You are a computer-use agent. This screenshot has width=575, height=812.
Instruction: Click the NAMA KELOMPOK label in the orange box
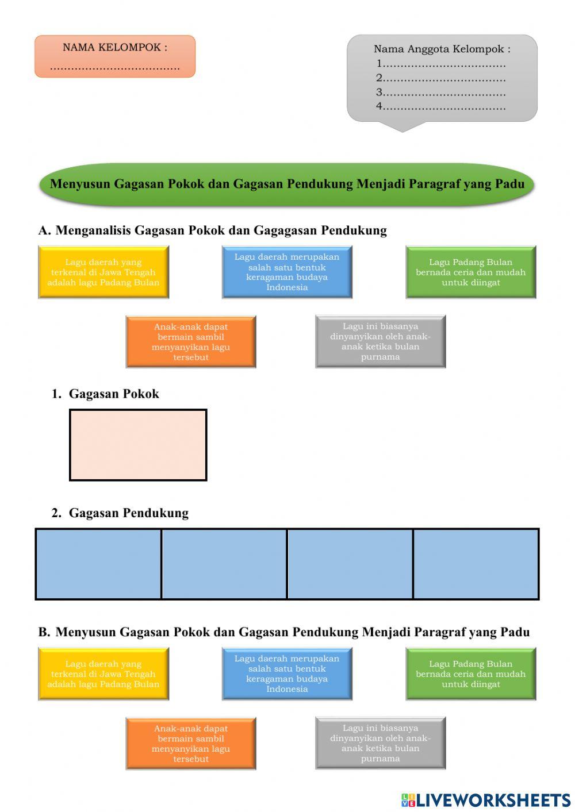click(x=115, y=48)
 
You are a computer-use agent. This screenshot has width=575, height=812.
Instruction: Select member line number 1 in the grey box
click(x=441, y=64)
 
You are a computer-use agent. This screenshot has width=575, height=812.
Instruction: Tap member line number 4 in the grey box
click(x=441, y=106)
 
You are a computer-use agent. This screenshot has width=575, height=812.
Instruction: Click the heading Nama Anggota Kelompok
click(x=442, y=49)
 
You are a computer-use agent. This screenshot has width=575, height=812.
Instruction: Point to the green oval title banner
click(x=287, y=184)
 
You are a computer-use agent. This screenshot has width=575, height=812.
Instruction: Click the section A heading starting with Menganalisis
click(x=212, y=230)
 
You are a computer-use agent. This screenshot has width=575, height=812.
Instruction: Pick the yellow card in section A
click(x=103, y=272)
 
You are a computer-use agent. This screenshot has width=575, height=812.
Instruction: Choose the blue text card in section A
click(x=287, y=272)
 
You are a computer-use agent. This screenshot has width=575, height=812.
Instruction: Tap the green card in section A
click(x=470, y=272)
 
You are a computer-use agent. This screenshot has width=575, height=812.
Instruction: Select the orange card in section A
click(x=191, y=342)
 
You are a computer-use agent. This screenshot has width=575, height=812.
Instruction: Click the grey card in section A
click(x=380, y=342)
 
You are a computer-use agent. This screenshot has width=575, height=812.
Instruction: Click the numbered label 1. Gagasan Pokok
click(x=105, y=394)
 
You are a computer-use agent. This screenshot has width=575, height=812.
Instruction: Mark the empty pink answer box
click(x=138, y=445)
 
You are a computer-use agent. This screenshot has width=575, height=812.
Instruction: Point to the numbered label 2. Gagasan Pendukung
click(x=120, y=513)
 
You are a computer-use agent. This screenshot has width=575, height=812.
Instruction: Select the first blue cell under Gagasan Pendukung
click(x=99, y=564)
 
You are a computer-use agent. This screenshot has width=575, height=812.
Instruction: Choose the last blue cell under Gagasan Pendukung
click(x=476, y=564)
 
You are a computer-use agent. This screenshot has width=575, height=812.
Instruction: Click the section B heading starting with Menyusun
click(x=284, y=632)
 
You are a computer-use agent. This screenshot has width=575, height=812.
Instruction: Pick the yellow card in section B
click(x=103, y=674)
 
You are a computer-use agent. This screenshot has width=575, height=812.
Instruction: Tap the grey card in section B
click(x=380, y=744)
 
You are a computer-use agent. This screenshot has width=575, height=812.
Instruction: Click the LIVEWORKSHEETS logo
click(x=486, y=800)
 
